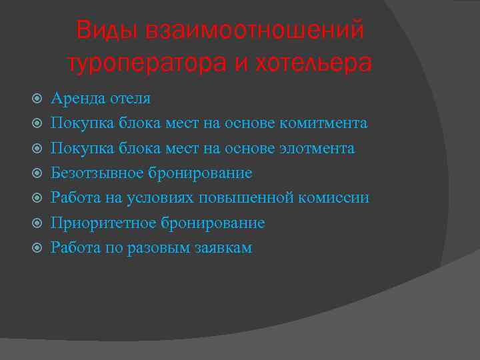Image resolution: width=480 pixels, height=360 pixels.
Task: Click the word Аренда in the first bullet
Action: point(75,99)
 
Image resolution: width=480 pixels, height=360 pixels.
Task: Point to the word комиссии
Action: point(336,198)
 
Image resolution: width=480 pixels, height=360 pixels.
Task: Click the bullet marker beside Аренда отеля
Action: point(38,99)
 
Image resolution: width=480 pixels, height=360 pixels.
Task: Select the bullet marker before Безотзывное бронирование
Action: point(38,173)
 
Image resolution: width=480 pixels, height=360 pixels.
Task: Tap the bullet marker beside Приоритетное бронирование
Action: point(38,223)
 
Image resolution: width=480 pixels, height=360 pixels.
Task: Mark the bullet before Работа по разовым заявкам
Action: point(38,248)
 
